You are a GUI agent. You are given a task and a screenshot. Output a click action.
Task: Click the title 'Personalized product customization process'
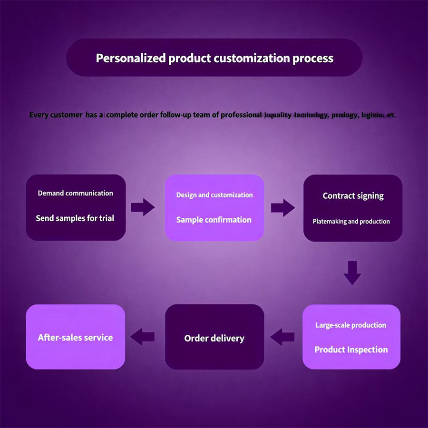coord(214,58)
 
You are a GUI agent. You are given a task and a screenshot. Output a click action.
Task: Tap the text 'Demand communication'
coord(76,193)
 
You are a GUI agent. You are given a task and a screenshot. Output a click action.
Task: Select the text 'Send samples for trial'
coord(75,218)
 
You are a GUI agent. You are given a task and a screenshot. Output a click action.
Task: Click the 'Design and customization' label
coord(214,195)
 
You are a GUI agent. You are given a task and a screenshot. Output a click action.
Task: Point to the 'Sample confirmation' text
coord(214,220)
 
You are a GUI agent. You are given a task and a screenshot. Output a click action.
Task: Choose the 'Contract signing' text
coord(353,196)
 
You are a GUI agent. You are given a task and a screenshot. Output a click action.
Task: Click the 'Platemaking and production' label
coord(351,222)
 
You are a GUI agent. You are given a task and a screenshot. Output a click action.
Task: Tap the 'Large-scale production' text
coord(351,325)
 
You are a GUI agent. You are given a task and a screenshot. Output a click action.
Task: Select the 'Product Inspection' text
coord(351,350)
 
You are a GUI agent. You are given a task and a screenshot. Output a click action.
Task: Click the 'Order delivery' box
coord(214,338)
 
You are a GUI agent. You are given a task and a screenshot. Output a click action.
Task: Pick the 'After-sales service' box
coord(76,337)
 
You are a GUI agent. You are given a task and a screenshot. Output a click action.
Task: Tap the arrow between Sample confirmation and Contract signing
coord(282,207)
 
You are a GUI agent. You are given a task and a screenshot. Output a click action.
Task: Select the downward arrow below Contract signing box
coord(352,272)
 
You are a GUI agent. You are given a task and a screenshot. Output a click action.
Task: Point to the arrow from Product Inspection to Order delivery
coord(282,337)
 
